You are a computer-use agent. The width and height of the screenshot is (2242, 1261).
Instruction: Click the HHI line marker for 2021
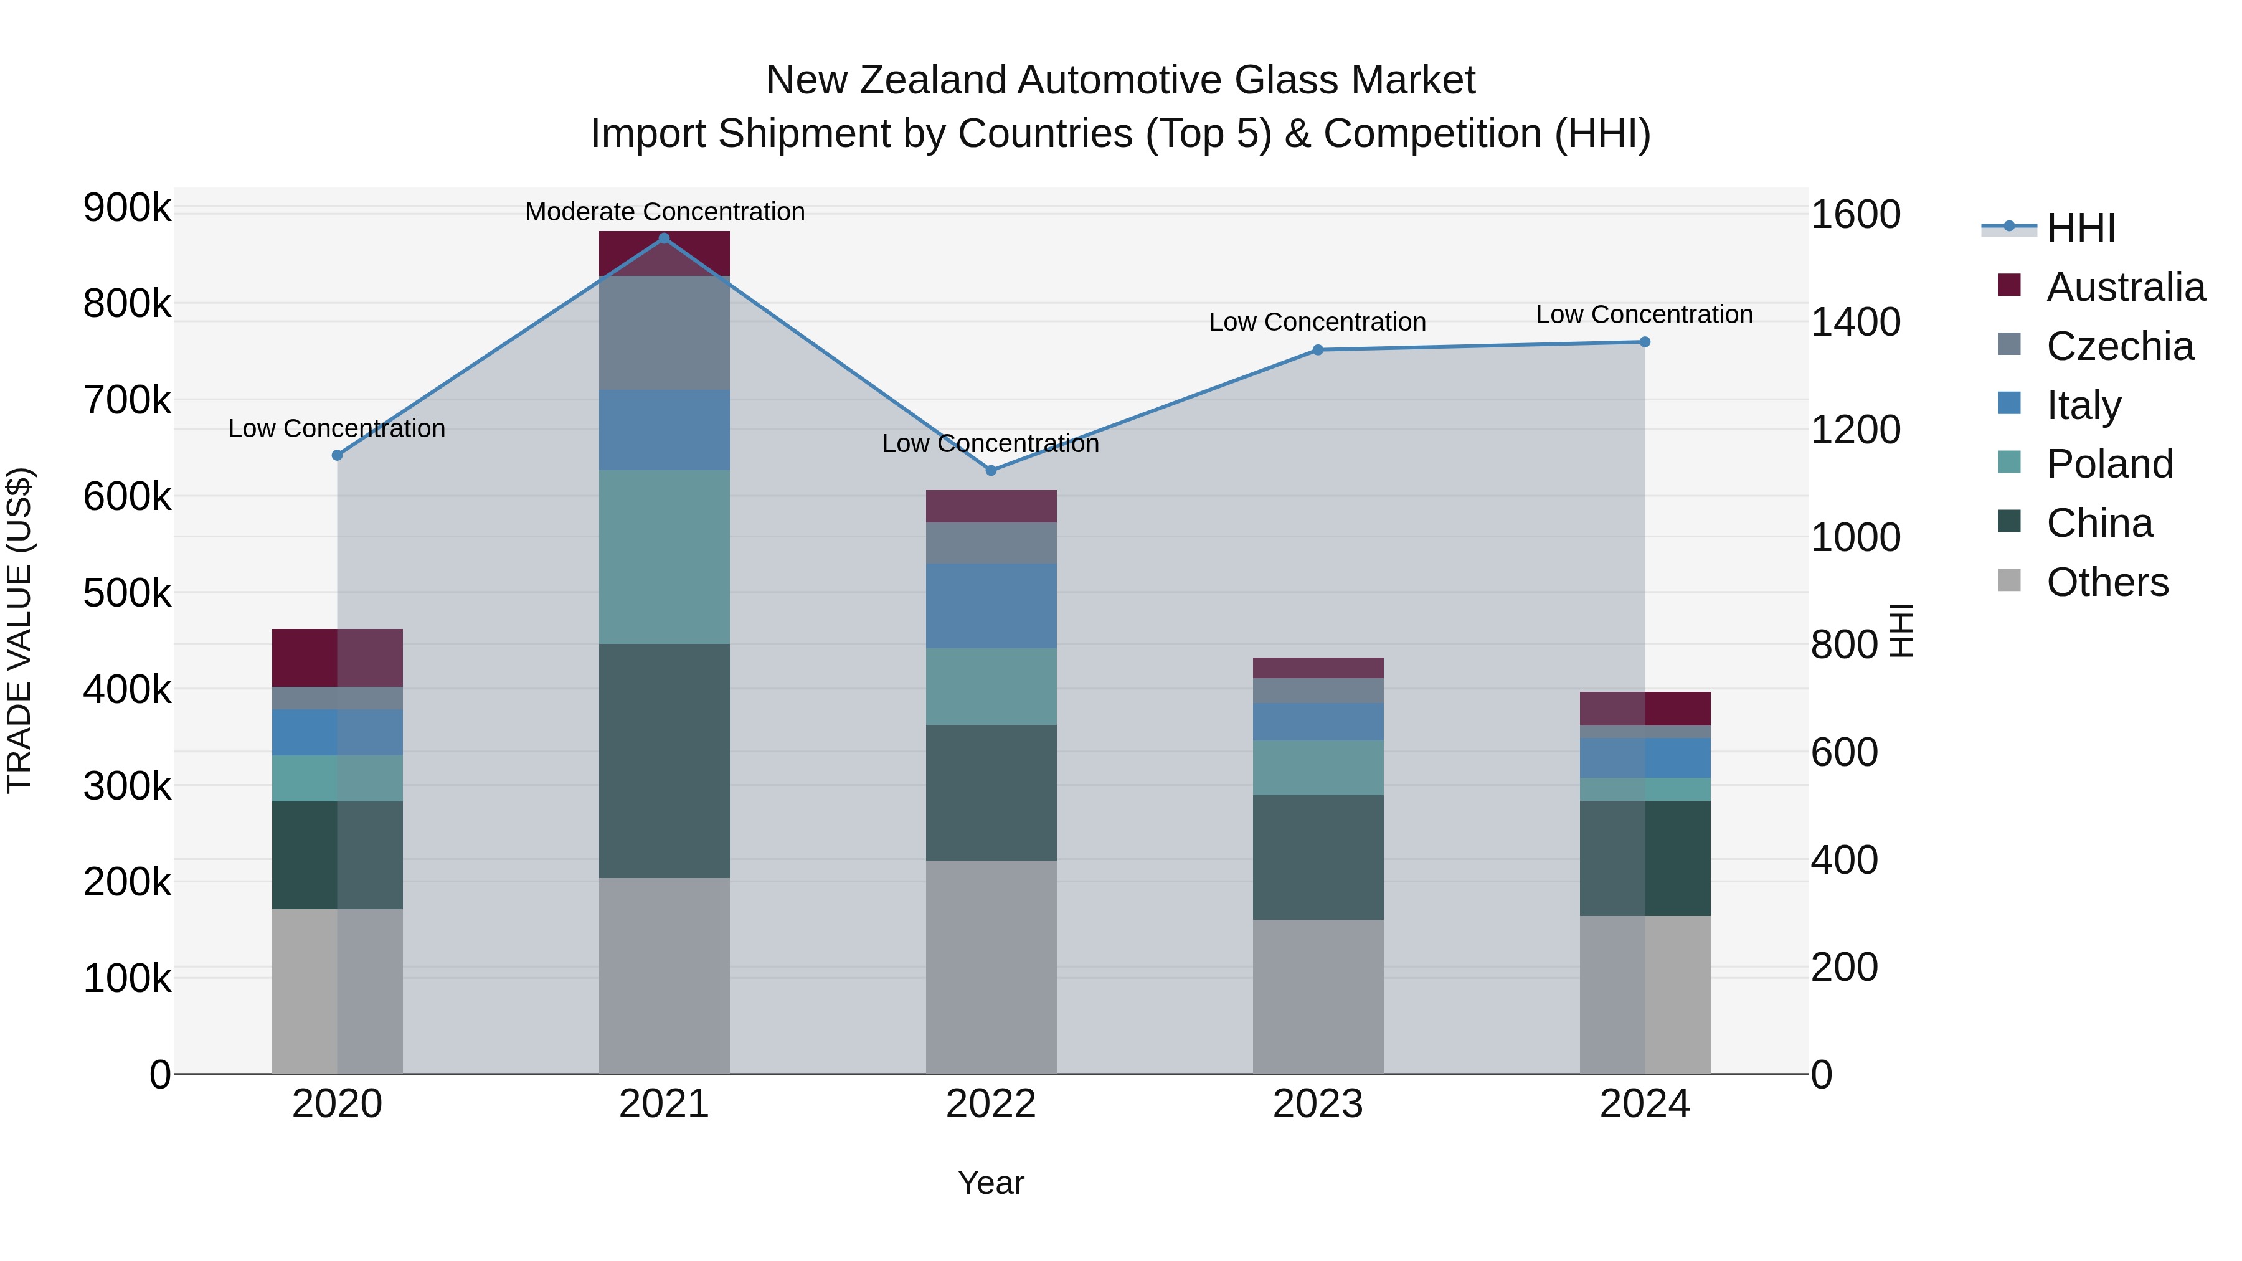click(664, 239)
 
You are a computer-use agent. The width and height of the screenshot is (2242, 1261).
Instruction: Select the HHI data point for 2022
click(990, 470)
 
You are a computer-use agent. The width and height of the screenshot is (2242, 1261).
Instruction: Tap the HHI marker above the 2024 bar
click(1644, 342)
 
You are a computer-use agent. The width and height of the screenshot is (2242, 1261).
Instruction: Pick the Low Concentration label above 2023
click(1317, 322)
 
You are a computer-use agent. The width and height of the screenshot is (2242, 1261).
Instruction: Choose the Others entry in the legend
click(2106, 582)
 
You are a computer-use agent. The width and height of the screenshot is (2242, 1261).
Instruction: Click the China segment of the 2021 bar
click(664, 760)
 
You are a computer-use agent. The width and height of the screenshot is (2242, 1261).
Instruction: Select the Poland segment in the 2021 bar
click(664, 557)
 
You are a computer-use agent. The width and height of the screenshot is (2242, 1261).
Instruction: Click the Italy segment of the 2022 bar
click(990, 606)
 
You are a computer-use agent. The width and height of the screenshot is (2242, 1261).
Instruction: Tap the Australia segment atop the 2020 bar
click(337, 658)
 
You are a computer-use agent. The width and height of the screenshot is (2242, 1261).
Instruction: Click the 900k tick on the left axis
click(127, 208)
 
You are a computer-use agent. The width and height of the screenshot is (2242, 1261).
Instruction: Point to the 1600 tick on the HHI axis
click(1855, 215)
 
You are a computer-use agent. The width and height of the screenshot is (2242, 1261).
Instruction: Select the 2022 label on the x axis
click(990, 1104)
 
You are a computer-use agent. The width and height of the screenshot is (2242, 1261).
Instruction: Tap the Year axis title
click(990, 1183)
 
